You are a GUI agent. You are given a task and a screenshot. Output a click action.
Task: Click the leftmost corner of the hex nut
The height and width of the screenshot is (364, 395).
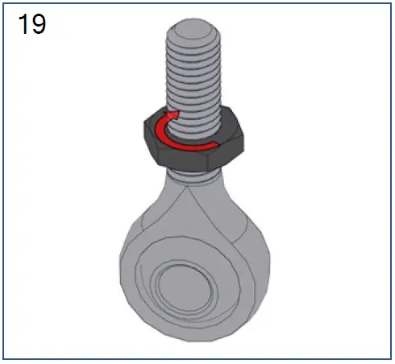[x=141, y=129]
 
